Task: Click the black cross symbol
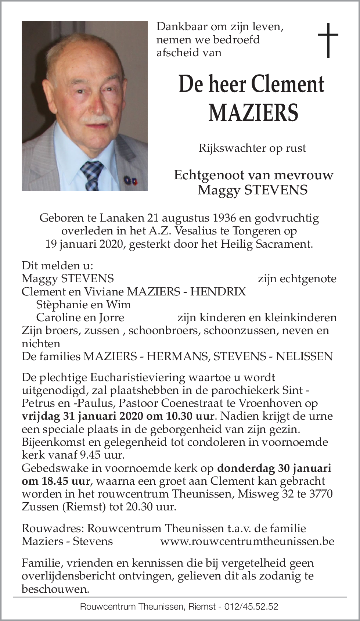[328, 40]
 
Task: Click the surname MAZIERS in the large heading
[253, 113]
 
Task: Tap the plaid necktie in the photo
[92, 175]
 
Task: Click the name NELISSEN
[305, 356]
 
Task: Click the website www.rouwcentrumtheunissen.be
[247, 541]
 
